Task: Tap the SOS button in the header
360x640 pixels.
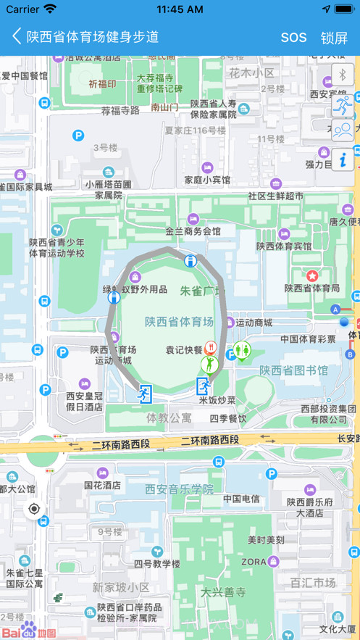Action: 293,37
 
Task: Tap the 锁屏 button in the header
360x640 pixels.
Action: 334,37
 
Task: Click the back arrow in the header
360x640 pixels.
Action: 17,36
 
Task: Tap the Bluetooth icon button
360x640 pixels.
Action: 343,75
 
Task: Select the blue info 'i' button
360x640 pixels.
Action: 343,158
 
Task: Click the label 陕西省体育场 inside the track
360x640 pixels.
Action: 179,322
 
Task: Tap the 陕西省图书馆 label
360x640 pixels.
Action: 294,370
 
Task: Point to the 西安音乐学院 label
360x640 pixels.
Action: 180,489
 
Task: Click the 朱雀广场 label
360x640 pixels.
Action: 202,291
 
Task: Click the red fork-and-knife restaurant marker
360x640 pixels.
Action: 211,347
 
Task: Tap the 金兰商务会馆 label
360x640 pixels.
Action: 193,231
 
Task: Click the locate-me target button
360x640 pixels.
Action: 34,509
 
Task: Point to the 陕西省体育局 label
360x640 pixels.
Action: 311,288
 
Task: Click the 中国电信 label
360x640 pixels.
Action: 241,499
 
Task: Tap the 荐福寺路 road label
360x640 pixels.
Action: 120,110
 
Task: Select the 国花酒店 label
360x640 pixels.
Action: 102,485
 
